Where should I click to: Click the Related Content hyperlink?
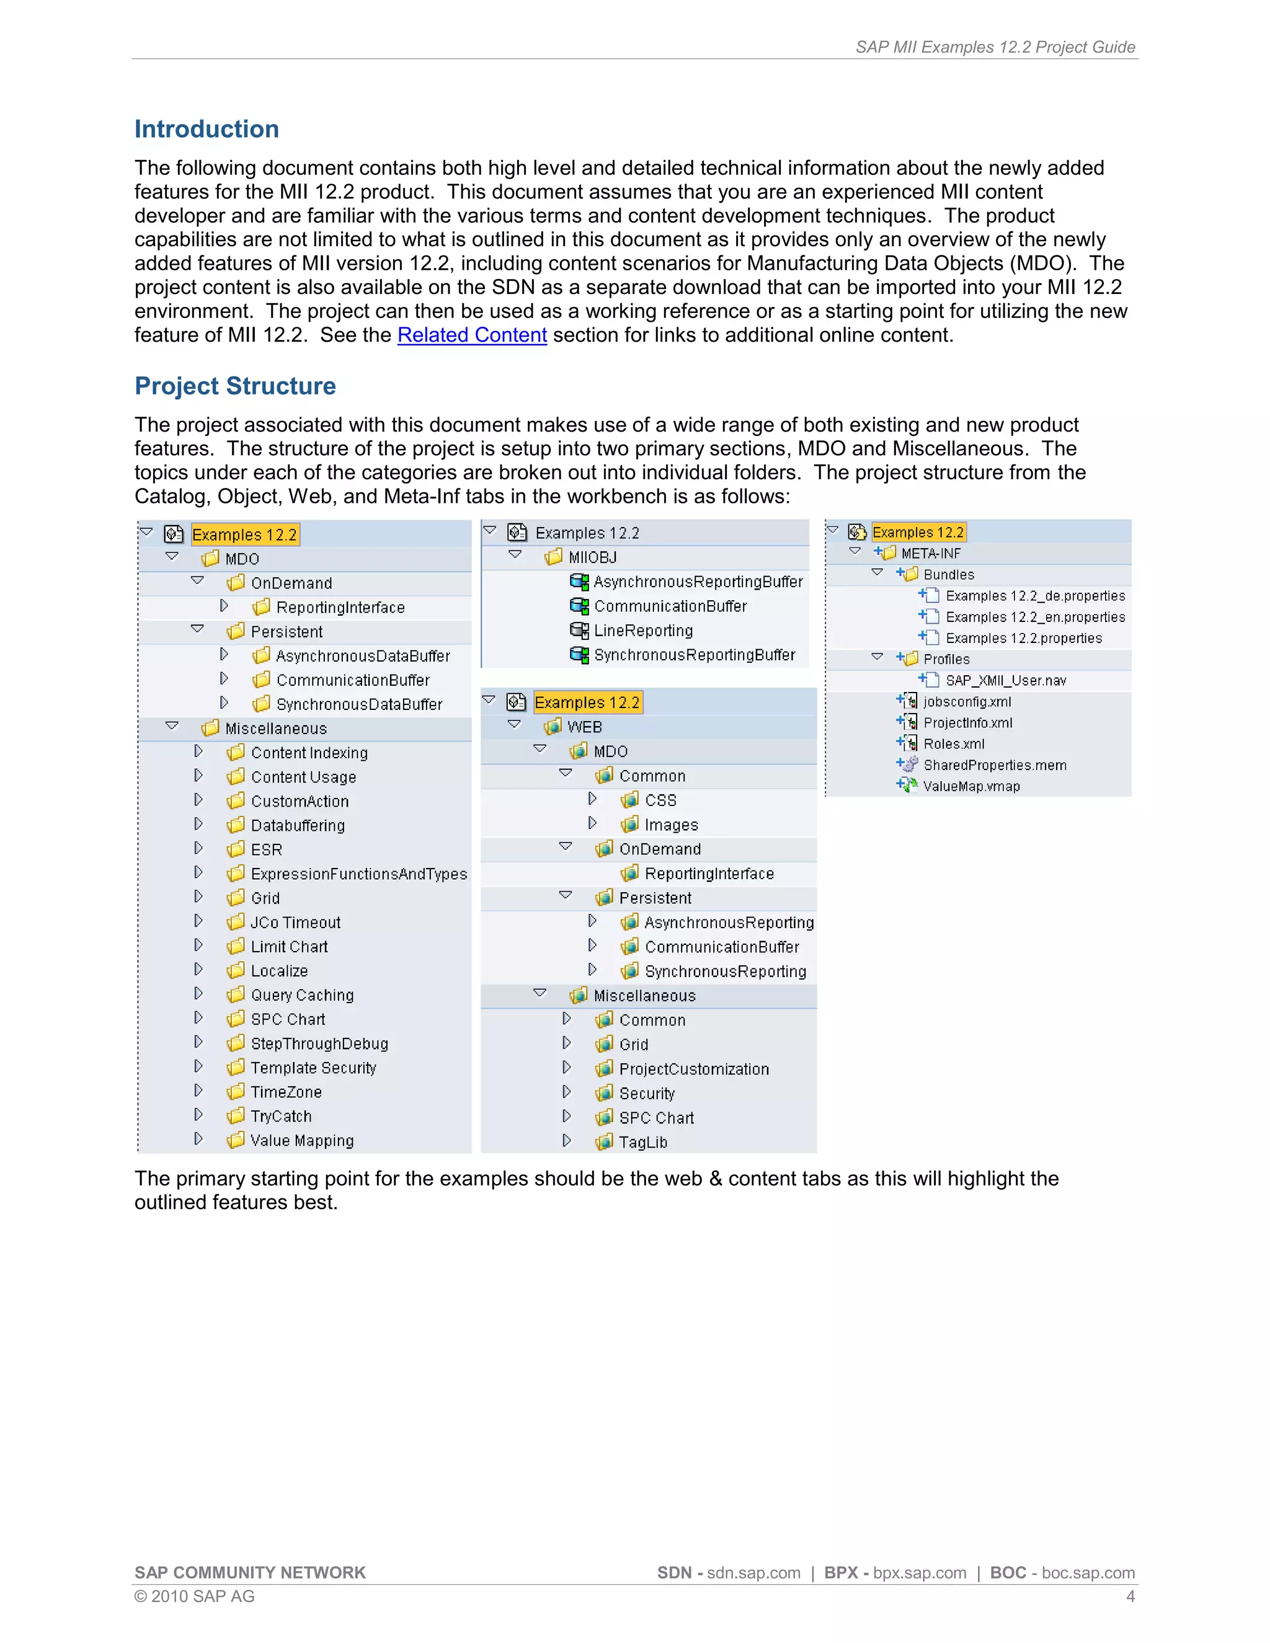pos(472,335)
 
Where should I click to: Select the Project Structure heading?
pos(235,386)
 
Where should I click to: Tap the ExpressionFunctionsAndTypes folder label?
pos(358,874)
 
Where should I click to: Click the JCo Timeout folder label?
pos(295,923)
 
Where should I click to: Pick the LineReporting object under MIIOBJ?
pos(642,631)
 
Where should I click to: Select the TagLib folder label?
pos(642,1142)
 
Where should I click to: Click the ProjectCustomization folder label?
pos(694,1069)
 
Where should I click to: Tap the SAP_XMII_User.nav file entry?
pos(1005,681)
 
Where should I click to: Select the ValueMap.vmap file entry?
pos(971,786)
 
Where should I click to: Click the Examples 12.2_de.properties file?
pos(1034,596)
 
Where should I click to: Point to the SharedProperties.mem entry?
pos(995,765)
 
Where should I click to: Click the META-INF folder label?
pos(931,554)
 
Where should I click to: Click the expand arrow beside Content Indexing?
pos(198,751)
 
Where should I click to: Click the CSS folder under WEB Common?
pos(660,800)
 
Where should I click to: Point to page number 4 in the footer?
pos(1130,1596)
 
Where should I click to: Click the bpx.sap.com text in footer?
pos(920,1573)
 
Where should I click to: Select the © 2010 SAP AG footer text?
pos(195,1596)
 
